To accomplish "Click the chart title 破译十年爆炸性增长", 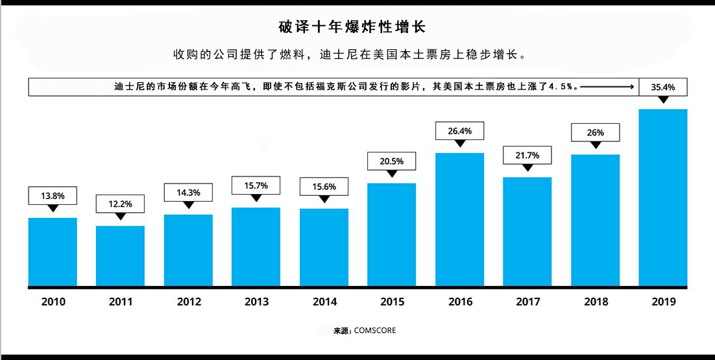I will (x=352, y=27).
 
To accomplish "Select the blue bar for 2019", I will (x=663, y=198).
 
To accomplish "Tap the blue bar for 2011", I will (x=121, y=256).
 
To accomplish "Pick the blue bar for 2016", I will (x=459, y=219).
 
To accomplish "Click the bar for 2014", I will (x=324, y=247).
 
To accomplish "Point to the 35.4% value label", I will (x=663, y=86).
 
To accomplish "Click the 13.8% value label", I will (x=53, y=195).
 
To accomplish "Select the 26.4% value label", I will (x=459, y=131).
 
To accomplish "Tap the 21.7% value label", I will (x=527, y=155).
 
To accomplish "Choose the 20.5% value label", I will (x=391, y=161).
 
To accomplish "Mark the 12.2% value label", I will (x=121, y=204).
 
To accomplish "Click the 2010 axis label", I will (x=53, y=302).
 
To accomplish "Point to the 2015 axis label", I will (x=392, y=302).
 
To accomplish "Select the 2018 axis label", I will (x=596, y=302).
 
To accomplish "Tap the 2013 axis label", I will (x=256, y=302).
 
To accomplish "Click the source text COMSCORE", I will (x=374, y=331).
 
